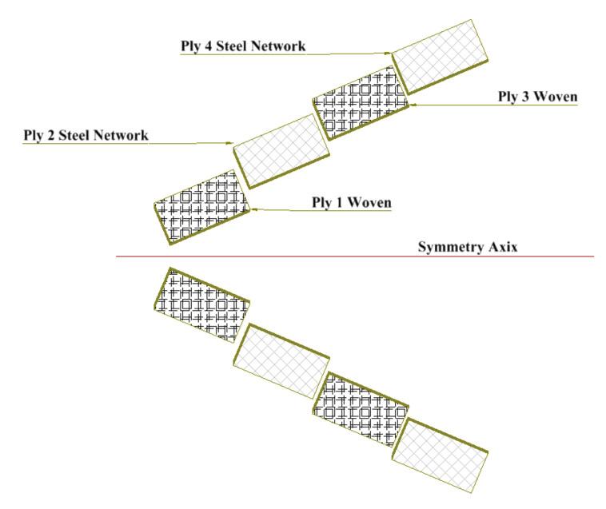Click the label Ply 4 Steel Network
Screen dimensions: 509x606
pos(243,46)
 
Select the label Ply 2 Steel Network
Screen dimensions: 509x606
pos(86,136)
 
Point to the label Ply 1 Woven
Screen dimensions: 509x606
pos(351,202)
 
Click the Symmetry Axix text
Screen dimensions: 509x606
pos(468,247)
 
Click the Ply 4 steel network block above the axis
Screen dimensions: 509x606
pos(439,57)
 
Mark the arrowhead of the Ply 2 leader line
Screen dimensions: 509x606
pos(232,144)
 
